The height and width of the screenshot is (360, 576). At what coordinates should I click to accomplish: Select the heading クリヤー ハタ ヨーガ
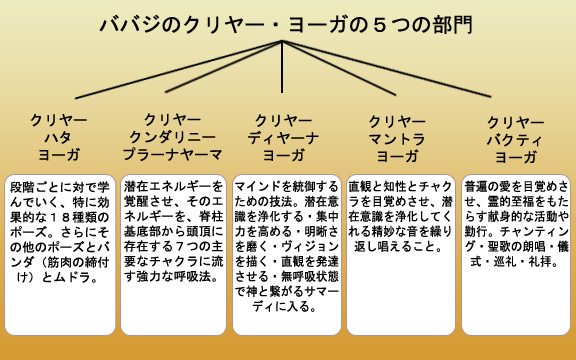tap(59, 138)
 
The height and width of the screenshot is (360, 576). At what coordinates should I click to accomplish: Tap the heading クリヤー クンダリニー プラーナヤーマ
tap(173, 138)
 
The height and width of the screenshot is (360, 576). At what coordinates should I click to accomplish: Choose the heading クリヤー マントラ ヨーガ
tap(398, 138)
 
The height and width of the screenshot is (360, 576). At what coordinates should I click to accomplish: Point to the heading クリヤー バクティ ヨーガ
tap(516, 138)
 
